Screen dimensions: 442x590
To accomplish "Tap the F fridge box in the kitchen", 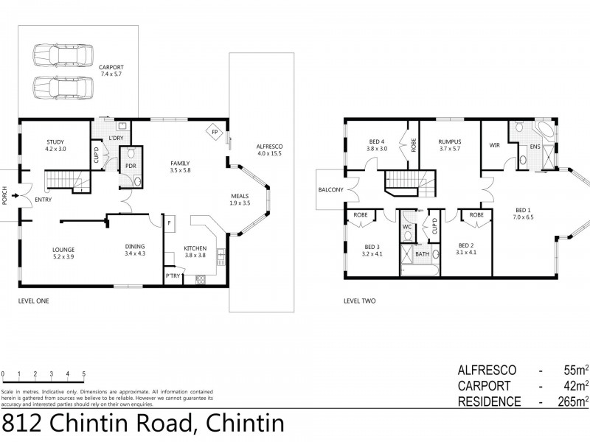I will (x=169, y=222).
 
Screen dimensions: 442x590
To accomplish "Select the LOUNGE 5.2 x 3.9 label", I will (x=63, y=253).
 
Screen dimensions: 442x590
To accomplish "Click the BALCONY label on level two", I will (x=331, y=189).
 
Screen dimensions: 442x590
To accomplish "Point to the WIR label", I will (x=494, y=146).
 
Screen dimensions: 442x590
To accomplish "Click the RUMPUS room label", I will (x=449, y=141).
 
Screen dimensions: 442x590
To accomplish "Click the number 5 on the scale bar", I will (x=84, y=373).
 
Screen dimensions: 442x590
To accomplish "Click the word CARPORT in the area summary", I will (x=487, y=385).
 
